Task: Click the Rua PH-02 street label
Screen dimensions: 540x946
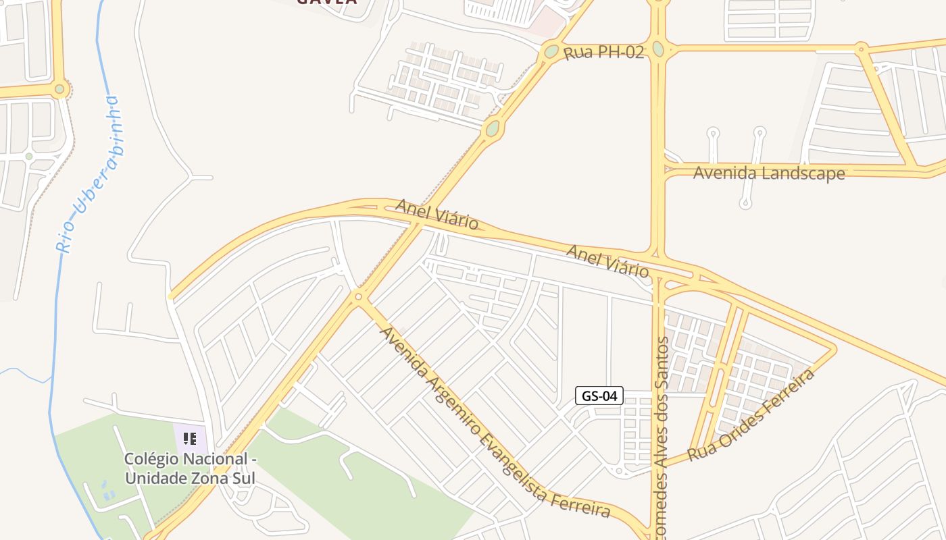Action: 603,52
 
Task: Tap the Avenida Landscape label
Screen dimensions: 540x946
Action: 769,173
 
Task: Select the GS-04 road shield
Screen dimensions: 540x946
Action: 599,396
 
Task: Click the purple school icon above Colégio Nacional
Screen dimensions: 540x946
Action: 190,439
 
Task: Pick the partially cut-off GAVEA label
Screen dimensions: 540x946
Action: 327,2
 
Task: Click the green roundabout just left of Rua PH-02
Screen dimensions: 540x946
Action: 551,51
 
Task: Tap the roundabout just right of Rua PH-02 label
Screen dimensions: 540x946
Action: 658,49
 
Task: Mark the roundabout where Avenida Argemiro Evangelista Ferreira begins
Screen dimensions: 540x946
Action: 358,296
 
